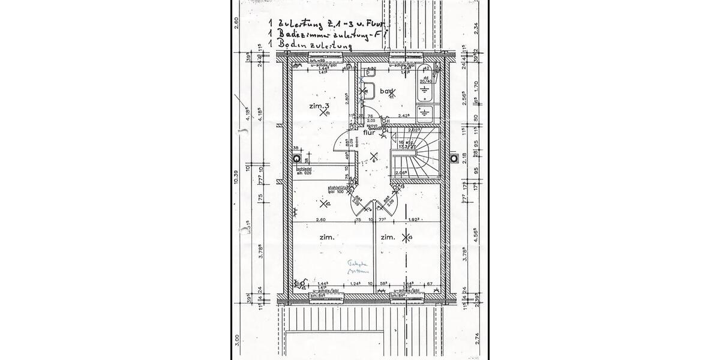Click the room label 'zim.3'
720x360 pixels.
coord(319,106)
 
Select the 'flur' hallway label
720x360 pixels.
coord(369,133)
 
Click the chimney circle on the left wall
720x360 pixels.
coord(297,158)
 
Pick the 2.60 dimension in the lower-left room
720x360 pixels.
coord(321,220)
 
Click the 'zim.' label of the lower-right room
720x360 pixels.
coord(388,238)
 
